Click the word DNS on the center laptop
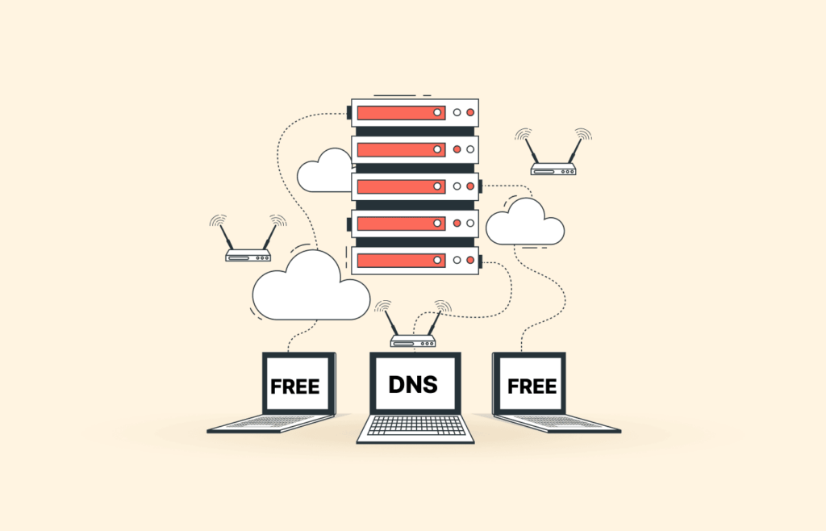click(x=413, y=385)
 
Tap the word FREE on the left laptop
click(x=295, y=387)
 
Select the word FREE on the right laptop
click(x=532, y=387)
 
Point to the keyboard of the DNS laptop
click(x=415, y=425)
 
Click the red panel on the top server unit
click(x=402, y=113)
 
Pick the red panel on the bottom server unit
click(x=402, y=260)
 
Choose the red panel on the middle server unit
click(x=402, y=186)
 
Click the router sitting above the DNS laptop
click(x=413, y=324)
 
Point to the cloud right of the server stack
click(x=524, y=221)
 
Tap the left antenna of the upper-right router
click(x=531, y=151)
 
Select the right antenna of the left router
click(x=269, y=237)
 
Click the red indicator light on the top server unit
click(x=470, y=113)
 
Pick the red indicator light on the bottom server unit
click(x=470, y=260)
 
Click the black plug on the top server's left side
click(x=348, y=111)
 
